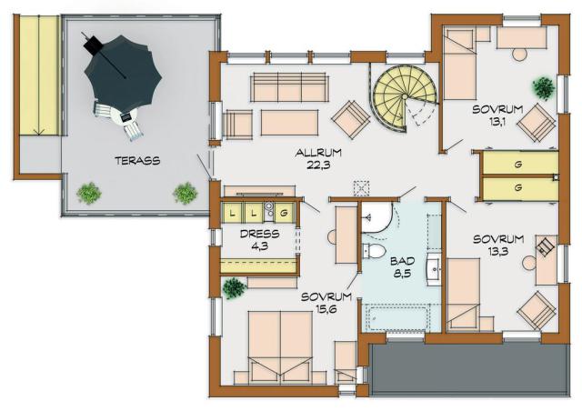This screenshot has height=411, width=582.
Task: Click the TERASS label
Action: point(137,161)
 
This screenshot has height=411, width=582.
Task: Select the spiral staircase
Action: point(405,97)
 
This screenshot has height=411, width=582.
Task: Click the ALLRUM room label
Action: point(318,153)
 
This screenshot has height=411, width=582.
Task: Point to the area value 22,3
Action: point(318,165)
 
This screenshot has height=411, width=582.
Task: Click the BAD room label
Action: point(402,261)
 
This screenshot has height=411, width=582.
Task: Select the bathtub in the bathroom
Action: point(398,317)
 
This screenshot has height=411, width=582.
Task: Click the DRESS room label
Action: point(260,234)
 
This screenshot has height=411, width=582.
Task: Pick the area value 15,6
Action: point(326,309)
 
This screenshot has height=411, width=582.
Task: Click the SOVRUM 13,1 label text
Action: point(497,115)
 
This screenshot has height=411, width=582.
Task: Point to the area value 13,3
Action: point(497,252)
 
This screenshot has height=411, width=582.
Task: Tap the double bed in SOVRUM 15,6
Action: point(281,347)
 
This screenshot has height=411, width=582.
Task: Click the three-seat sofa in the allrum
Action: point(289,87)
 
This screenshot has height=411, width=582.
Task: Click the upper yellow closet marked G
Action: point(518,164)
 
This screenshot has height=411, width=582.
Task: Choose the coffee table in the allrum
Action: point(289,123)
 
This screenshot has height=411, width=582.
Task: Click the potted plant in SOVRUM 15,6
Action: point(234,287)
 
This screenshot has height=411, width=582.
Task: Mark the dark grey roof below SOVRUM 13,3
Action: point(470,369)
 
